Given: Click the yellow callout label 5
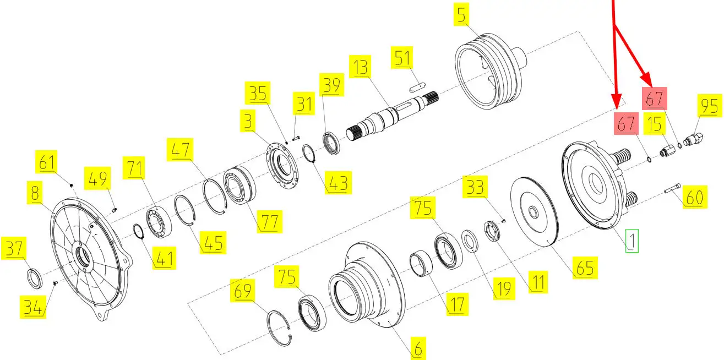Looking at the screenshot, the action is point(461,14).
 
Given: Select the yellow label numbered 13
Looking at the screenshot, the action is point(360,67).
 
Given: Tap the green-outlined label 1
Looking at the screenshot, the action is point(632,241).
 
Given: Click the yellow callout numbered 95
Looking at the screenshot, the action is point(710,105).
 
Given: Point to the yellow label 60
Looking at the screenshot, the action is point(695,197).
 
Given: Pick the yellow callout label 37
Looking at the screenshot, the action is point(14,248).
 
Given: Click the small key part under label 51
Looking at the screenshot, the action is point(417,87).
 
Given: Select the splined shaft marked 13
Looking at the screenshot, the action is point(393,116).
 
